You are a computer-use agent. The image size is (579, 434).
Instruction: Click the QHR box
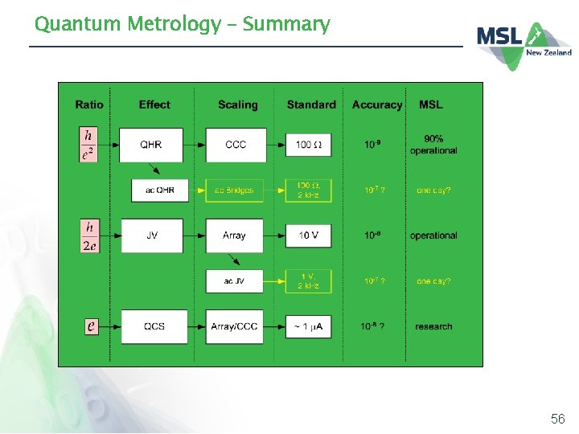click(x=151, y=145)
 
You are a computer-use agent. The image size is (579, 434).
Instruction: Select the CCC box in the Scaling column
click(x=235, y=145)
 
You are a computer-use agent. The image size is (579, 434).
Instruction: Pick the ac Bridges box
click(x=235, y=190)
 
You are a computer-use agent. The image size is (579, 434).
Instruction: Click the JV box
click(x=151, y=235)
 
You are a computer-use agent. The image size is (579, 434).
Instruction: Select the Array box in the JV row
click(x=235, y=235)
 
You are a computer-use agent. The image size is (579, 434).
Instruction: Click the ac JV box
click(x=235, y=281)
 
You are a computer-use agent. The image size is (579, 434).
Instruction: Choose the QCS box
click(x=154, y=326)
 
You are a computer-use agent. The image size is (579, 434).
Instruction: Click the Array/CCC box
click(x=235, y=326)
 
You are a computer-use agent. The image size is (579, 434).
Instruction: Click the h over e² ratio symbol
click(x=88, y=145)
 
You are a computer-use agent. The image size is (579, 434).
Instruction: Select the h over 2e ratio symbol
click(x=90, y=235)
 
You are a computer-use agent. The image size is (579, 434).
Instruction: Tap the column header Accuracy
click(x=376, y=104)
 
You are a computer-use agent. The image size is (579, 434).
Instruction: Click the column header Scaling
click(x=238, y=104)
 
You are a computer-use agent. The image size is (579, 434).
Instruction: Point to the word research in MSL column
click(x=433, y=326)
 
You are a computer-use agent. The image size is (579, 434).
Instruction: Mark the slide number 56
click(x=558, y=419)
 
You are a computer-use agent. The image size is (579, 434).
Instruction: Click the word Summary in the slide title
click(x=286, y=24)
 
